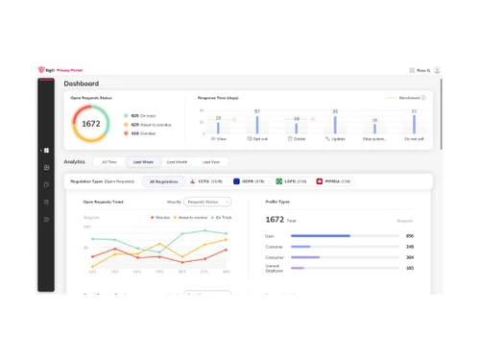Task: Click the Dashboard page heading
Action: point(82,84)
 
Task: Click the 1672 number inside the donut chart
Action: point(91,124)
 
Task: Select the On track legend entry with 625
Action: point(141,115)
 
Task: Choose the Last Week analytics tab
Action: point(143,162)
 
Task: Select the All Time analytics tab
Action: point(109,162)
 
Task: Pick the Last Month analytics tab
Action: point(177,162)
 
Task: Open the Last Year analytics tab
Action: point(210,162)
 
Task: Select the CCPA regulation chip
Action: point(206,180)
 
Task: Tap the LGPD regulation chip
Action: point(292,180)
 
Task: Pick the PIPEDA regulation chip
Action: point(333,180)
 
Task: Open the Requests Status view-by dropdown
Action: point(207,203)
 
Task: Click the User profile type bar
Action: point(320,236)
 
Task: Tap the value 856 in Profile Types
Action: point(410,236)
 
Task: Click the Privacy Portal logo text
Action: point(69,70)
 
